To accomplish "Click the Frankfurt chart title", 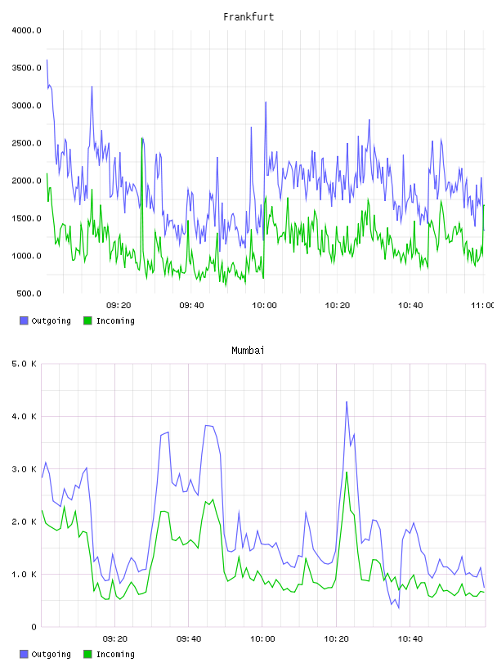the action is pos(248,17).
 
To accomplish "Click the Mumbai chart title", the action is pos(248,351).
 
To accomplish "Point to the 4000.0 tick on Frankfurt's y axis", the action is pos(26,30).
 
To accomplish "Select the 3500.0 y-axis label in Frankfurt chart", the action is pos(26,68).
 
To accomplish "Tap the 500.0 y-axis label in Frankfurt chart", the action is pos(29,293).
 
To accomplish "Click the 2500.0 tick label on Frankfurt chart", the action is pos(26,143).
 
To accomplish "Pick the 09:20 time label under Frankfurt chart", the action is pos(119,306).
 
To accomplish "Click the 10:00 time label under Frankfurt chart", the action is pos(264,306).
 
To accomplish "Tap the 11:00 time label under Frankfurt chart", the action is pos(483,306).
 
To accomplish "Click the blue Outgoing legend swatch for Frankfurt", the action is pos(24,320).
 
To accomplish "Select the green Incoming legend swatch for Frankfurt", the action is pos(87,320).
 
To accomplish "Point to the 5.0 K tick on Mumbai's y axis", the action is pos(24,364).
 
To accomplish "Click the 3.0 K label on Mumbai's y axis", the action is pos(24,469).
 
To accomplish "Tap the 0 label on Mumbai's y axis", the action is pos(34,627).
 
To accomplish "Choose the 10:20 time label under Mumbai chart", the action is pos(336,639).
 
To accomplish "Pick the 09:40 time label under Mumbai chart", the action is pos(189,639).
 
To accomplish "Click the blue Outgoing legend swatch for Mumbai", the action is pos(24,654).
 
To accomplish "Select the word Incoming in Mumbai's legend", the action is pos(115,655).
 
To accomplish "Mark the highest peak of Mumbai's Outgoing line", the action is pos(347,401).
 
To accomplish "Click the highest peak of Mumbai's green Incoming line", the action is pos(347,472).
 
